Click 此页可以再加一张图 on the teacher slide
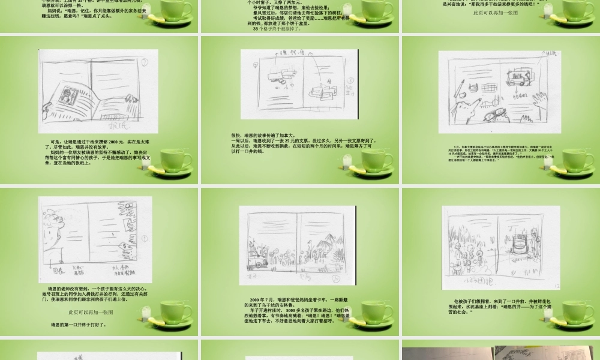pos(90,313)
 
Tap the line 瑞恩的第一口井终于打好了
pos(79,325)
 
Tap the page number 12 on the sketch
pos(556,286)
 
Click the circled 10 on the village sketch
pos(335,279)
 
